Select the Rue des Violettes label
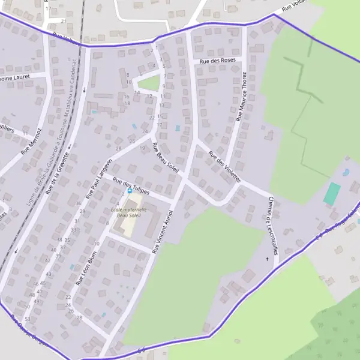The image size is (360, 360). pyautogui.click(x=224, y=166)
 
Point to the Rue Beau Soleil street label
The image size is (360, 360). pyautogui.click(x=166, y=158)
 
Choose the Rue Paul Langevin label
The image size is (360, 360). pyautogui.click(x=99, y=179)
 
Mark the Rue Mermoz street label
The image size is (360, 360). pyautogui.click(x=31, y=142)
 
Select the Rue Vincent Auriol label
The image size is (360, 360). pyautogui.click(x=163, y=231)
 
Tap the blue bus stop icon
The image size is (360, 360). pyautogui.click(x=130, y=191)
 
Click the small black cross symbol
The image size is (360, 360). pyautogui.click(x=268, y=259)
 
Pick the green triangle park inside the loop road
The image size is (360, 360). pyautogui.click(x=151, y=83)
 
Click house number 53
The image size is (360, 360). pyautogui.click(x=28, y=319)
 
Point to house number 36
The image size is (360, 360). pyautogui.click(x=78, y=203)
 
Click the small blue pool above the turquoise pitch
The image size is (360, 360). pyautogui.click(x=346, y=172)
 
